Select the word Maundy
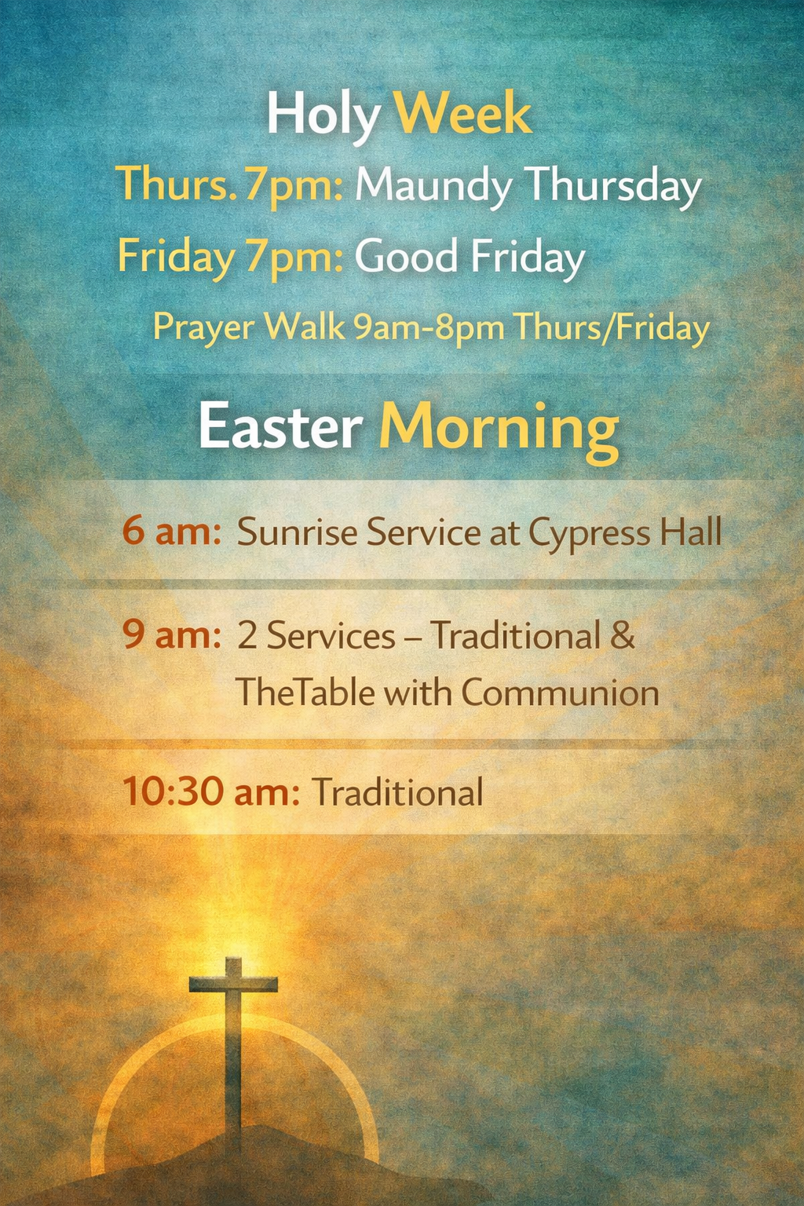[433, 188]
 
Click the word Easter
[280, 426]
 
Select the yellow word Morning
[499, 432]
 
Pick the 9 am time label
[172, 635]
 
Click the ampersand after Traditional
[623, 634]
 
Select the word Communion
[560, 693]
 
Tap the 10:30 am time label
[211, 792]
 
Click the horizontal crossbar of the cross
[233, 985]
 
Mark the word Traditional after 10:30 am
[398, 792]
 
